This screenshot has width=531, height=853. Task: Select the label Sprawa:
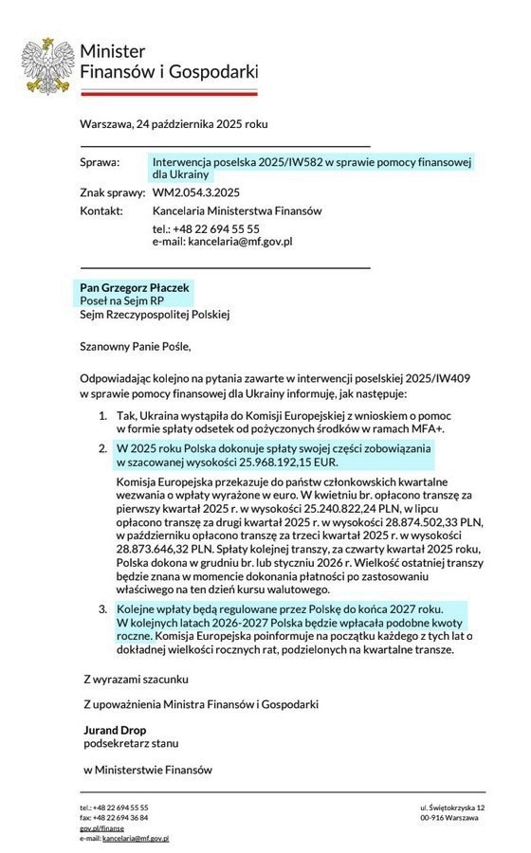100,163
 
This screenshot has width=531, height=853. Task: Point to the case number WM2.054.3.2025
195,193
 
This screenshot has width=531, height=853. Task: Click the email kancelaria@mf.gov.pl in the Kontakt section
240,242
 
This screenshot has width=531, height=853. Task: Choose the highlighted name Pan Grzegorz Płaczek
134,287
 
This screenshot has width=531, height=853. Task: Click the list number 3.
103,608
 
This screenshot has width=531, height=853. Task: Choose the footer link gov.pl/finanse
101,827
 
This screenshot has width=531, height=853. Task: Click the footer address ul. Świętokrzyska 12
452,808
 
